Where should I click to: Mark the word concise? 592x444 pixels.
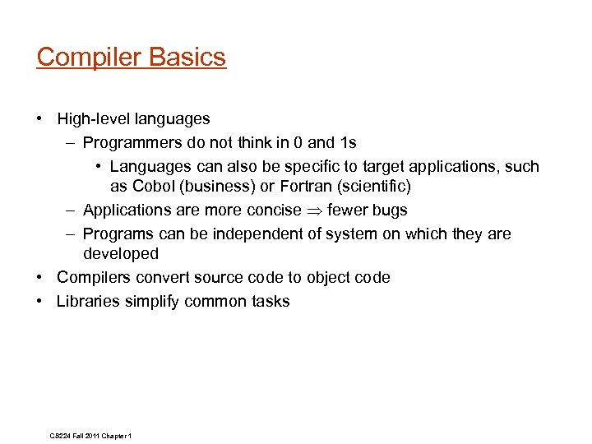(x=274, y=210)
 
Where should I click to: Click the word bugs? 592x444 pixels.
(x=388, y=210)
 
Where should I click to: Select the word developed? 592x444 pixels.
(x=120, y=254)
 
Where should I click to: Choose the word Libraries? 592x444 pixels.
(x=88, y=302)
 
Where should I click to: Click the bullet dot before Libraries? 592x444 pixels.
(x=40, y=302)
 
